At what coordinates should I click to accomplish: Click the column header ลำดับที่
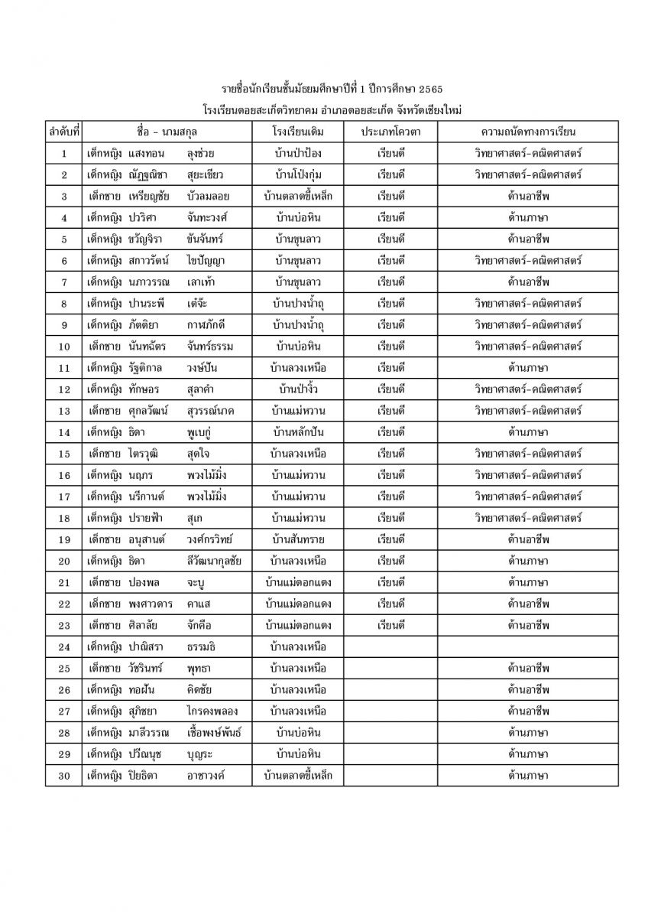point(63,132)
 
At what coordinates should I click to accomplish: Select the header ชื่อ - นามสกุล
point(167,132)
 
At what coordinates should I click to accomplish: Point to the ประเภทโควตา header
point(390,132)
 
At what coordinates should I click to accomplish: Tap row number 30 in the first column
point(63,776)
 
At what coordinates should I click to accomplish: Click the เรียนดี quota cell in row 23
point(390,625)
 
